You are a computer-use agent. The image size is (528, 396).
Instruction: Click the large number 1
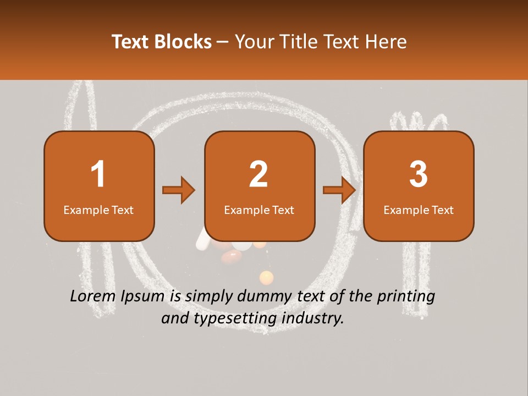[98, 174]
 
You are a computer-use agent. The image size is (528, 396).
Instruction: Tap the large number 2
[258, 174]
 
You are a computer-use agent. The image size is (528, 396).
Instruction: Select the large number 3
[419, 174]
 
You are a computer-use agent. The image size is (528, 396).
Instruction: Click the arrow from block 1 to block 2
[179, 190]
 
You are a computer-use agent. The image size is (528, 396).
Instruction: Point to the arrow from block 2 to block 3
[339, 190]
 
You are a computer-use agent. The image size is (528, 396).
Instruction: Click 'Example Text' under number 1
[98, 210]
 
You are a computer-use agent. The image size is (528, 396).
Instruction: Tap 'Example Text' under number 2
[259, 210]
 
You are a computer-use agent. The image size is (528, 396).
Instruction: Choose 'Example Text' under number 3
[419, 210]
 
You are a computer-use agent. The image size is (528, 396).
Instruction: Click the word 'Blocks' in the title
[183, 41]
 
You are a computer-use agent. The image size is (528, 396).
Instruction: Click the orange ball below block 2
[266, 277]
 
